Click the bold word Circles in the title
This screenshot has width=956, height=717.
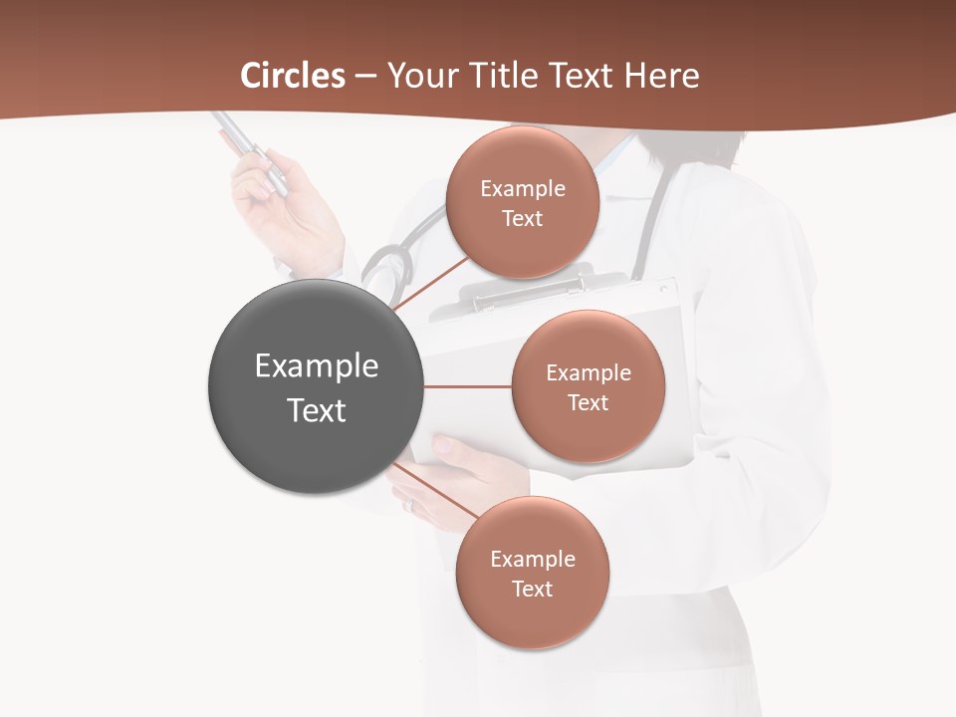(x=292, y=76)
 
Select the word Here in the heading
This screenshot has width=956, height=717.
(x=661, y=76)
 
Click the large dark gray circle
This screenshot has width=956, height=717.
(x=316, y=386)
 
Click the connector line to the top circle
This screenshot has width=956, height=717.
(x=430, y=285)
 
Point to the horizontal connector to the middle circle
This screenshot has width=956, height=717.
(x=467, y=386)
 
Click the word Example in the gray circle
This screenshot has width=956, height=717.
(x=317, y=366)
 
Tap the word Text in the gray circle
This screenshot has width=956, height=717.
(x=317, y=410)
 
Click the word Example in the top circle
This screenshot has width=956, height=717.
(x=523, y=189)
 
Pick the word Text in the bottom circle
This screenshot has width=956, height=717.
(x=533, y=590)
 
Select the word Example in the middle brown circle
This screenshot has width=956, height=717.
(x=589, y=373)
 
